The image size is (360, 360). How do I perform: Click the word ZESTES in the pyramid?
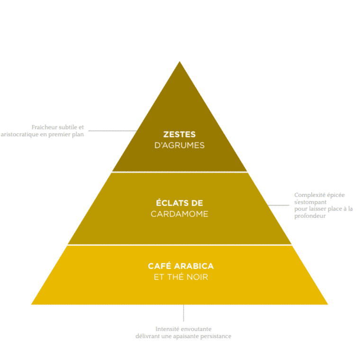[180, 135]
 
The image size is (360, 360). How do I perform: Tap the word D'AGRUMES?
[180, 145]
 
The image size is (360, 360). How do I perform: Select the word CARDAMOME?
[180, 214]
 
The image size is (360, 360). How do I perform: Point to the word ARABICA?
[194, 266]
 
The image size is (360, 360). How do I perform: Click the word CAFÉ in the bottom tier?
[160, 266]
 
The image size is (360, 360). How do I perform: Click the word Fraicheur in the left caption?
[45, 127]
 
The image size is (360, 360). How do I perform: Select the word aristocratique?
[19, 135]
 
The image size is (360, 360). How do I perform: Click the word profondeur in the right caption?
[310, 216]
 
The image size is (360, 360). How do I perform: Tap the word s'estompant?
[310, 202]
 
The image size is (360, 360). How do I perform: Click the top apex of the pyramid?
[180, 61]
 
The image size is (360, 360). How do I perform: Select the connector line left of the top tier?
[113, 131]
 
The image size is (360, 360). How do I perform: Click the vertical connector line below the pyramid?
[183, 313]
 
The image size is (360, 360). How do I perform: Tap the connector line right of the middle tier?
[278, 205]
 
